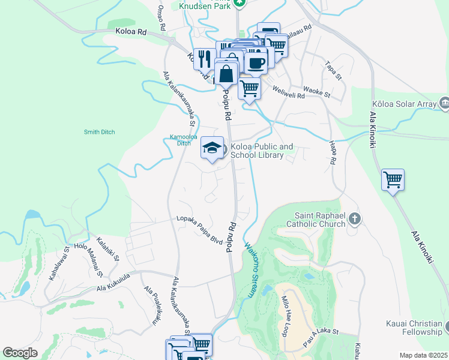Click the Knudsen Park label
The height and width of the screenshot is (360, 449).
(203, 5)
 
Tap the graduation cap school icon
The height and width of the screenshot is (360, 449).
(212, 149)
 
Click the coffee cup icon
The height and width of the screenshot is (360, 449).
(256, 62)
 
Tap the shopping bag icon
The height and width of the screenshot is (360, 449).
(226, 74)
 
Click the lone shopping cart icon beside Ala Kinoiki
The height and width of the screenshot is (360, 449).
(393, 179)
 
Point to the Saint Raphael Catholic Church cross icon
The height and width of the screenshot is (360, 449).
(355, 218)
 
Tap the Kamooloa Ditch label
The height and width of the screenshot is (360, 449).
(175, 140)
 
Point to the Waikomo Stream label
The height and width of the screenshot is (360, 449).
(251, 269)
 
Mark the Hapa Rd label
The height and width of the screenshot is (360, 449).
(332, 152)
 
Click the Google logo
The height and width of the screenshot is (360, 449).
(20, 353)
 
